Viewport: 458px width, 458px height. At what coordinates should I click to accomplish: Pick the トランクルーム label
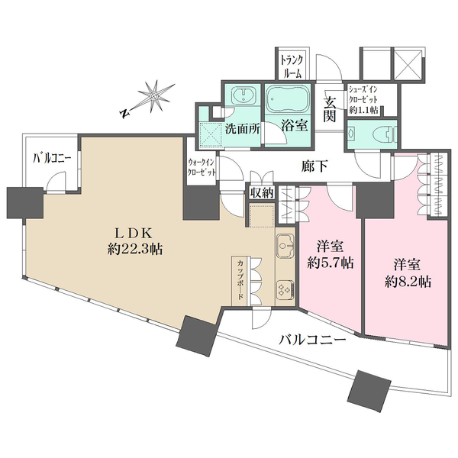point(291,66)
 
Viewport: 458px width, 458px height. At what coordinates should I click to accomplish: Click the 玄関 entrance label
point(331,108)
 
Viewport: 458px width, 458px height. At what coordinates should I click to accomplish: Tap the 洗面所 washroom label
point(244,128)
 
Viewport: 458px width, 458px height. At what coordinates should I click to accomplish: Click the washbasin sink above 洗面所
point(244,98)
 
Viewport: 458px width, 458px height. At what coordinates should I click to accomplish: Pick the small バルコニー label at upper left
point(51,159)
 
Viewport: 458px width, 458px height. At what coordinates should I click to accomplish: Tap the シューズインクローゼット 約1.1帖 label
point(370,98)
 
